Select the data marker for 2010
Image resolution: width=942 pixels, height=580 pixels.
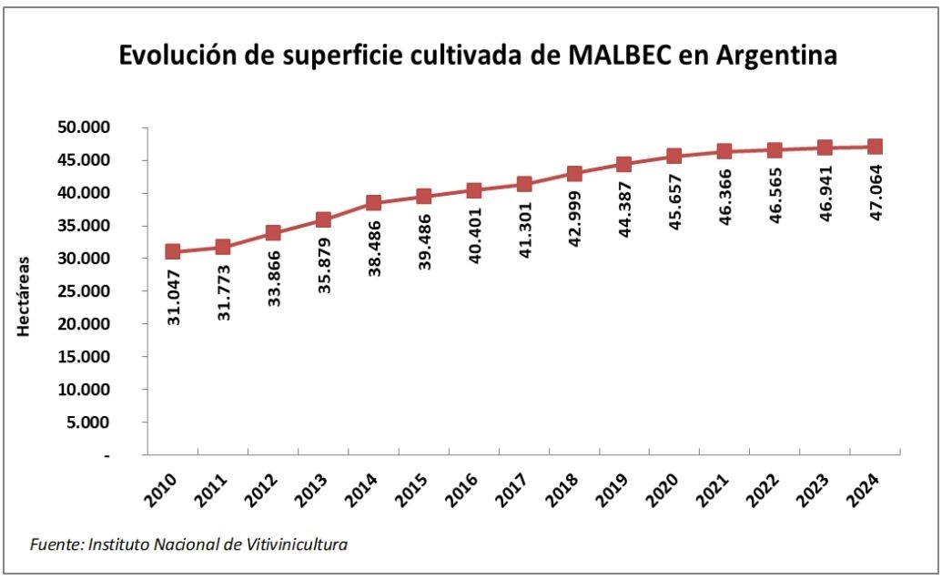173,251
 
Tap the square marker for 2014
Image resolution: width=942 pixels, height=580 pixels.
373,203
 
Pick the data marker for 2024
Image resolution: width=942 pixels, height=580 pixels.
875,147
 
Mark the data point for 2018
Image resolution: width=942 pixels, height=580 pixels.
574,174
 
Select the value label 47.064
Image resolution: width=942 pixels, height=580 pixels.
875,191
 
